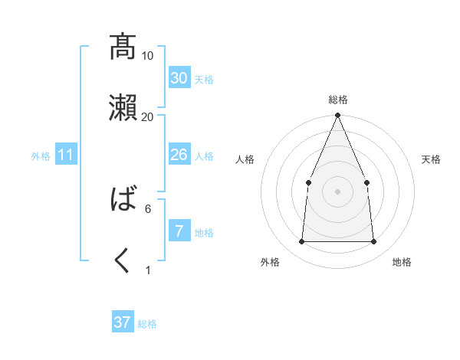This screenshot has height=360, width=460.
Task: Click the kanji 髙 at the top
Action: tap(123, 47)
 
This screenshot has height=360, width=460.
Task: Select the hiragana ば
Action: tap(123, 201)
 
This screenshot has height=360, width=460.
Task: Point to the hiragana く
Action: tap(123, 261)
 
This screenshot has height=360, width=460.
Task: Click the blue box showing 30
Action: tap(179, 78)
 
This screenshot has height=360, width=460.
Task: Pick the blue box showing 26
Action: tap(179, 155)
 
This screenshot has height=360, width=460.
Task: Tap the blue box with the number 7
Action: tap(179, 231)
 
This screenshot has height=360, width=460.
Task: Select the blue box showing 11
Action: tap(66, 155)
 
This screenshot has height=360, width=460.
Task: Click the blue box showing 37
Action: tap(123, 322)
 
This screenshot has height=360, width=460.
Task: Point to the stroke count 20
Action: tap(147, 116)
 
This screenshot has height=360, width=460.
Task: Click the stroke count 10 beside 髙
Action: tap(147, 55)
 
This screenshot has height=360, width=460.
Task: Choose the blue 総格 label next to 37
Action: tap(147, 324)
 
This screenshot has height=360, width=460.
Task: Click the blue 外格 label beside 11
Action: tap(41, 155)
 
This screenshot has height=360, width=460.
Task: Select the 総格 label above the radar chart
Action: tap(337, 100)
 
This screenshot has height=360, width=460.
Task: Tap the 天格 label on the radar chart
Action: tap(432, 159)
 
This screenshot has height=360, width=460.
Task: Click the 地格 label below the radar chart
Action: tap(402, 262)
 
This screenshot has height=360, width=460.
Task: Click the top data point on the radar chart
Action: tap(337, 116)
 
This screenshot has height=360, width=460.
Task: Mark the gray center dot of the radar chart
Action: tap(337, 191)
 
